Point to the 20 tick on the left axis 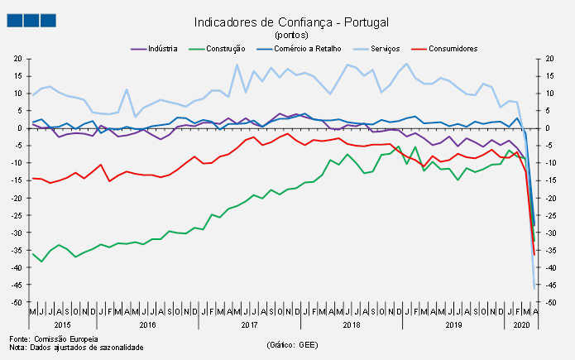coord(17,59)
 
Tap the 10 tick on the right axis coord(549,94)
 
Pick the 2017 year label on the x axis coord(249,325)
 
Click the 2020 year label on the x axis coord(522,325)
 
